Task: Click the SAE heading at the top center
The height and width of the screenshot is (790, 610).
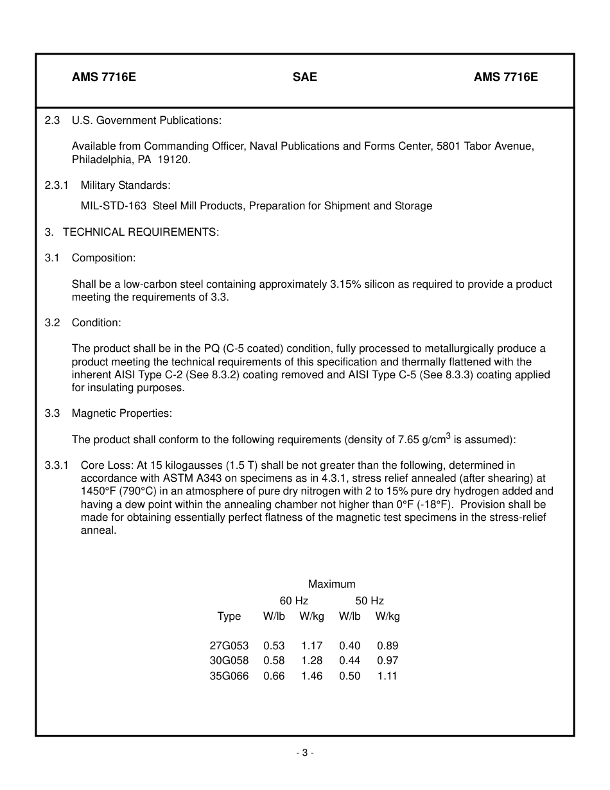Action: click(304, 77)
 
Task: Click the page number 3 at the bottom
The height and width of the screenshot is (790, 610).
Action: click(305, 753)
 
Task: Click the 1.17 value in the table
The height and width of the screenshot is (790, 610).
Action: click(311, 645)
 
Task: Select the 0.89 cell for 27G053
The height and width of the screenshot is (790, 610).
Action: click(387, 645)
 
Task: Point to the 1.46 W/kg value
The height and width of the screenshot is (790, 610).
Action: click(311, 676)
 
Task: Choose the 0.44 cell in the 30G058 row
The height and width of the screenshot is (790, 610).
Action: click(349, 661)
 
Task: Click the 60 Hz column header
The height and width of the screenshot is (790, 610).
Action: click(293, 601)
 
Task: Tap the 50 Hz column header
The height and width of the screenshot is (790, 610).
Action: click(369, 601)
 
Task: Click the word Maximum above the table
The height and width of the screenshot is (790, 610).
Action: click(331, 584)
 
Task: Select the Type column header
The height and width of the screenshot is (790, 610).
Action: click(229, 617)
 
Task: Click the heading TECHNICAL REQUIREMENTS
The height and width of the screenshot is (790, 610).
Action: click(141, 232)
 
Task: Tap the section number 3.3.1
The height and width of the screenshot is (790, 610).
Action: click(57, 465)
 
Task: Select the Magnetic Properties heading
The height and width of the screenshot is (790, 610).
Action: click(121, 413)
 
